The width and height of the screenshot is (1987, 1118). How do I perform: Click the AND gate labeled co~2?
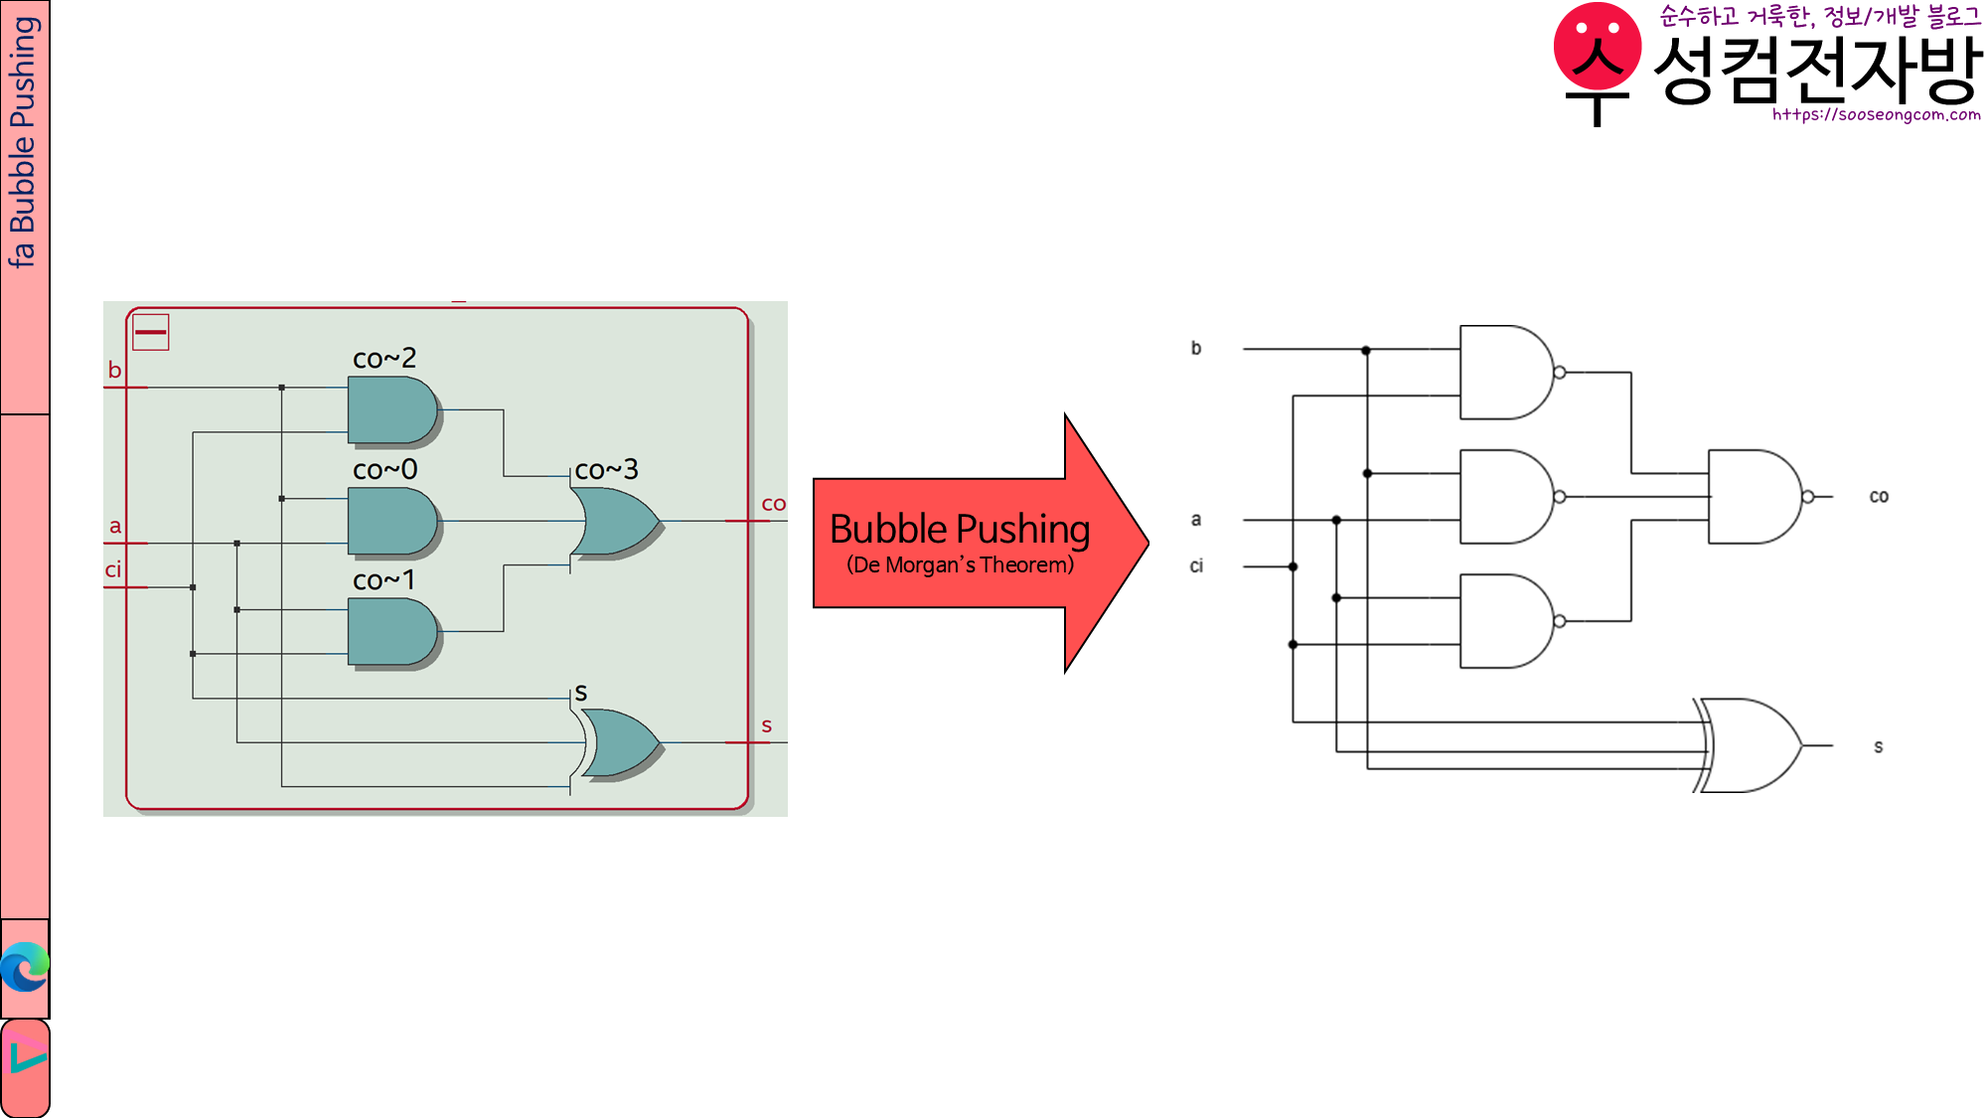point(391,409)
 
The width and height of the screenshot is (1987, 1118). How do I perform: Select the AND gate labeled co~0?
point(391,521)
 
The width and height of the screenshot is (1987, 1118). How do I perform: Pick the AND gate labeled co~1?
point(391,632)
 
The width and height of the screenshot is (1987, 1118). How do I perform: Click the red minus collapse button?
point(151,332)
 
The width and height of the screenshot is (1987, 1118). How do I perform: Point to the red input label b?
point(114,370)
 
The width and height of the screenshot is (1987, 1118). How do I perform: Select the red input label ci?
point(113,569)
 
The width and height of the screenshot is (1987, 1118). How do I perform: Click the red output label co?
point(773,504)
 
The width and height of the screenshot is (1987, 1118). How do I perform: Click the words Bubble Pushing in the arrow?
point(959,529)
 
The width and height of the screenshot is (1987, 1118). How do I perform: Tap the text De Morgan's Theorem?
point(960,565)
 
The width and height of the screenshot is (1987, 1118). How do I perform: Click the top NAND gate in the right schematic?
point(1504,373)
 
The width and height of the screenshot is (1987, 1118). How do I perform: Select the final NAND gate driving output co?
point(1753,497)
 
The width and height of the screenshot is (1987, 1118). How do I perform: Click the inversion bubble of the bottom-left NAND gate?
point(1560,621)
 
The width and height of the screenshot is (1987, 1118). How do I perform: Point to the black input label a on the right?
point(1196,520)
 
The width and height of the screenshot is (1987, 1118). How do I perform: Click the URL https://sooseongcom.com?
point(1876,115)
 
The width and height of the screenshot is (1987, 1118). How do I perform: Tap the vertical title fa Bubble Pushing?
point(23,141)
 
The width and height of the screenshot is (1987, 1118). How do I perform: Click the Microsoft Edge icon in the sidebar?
point(25,967)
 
